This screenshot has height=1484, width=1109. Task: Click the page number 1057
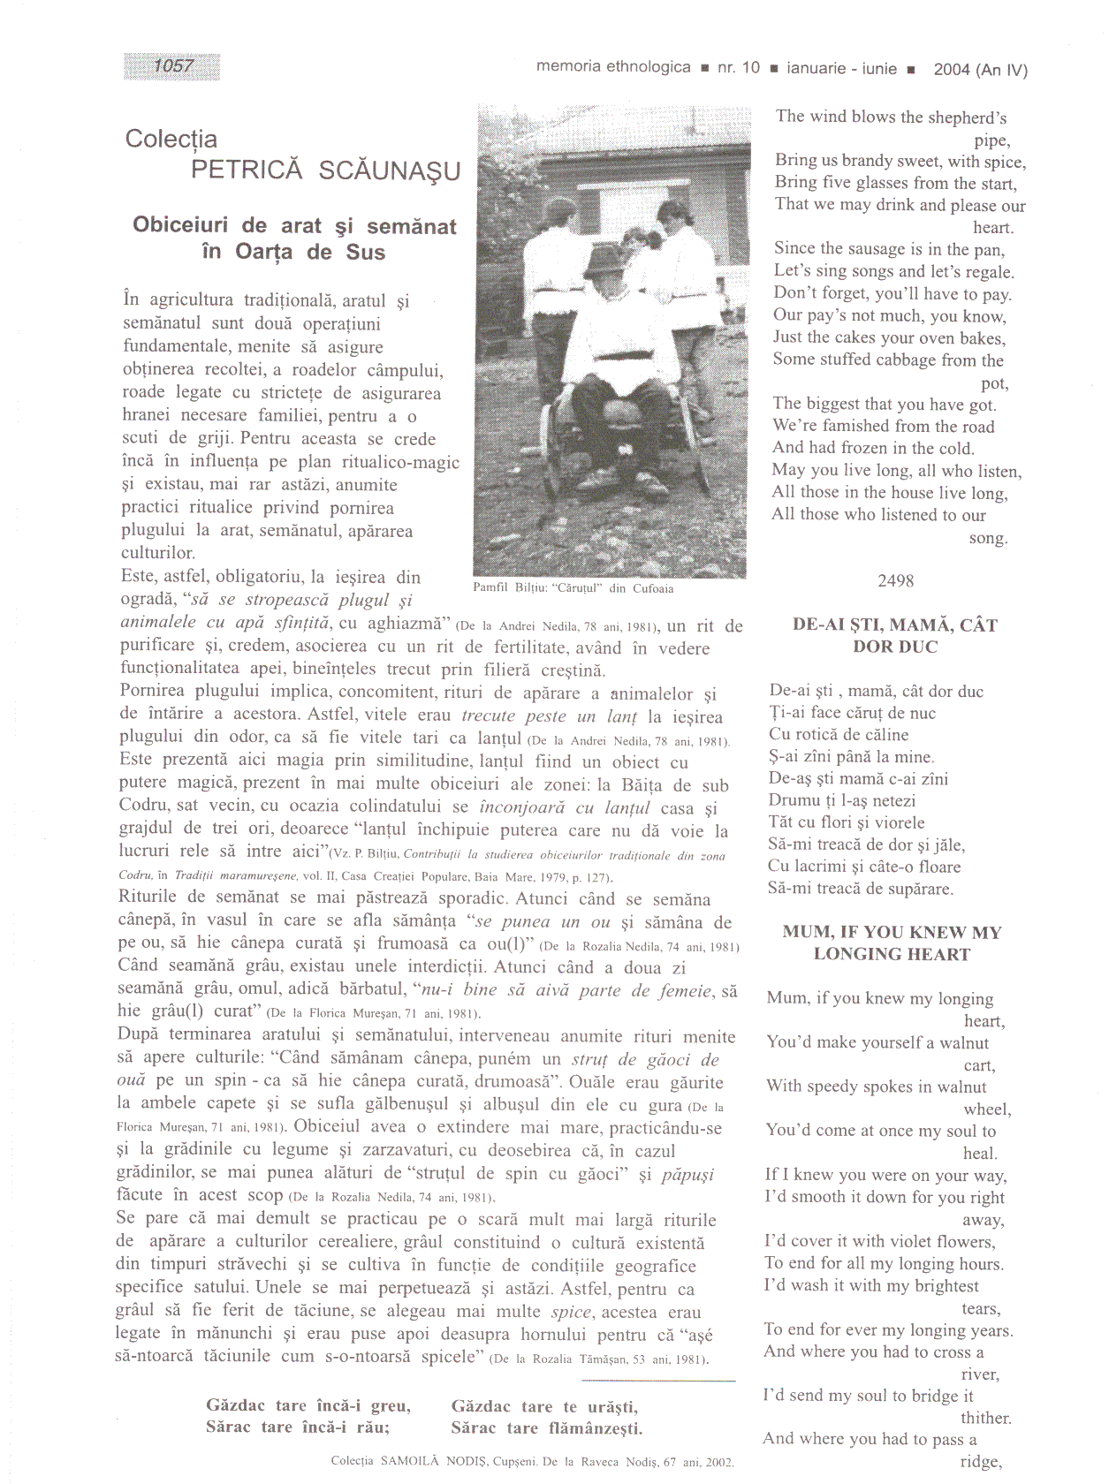(172, 65)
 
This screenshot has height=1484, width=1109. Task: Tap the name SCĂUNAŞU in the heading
(390, 170)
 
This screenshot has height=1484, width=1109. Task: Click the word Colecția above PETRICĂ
(171, 140)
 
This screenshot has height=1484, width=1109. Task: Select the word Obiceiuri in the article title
(180, 225)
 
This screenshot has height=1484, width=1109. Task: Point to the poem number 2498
(895, 580)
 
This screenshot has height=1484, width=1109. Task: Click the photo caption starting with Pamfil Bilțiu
(573, 588)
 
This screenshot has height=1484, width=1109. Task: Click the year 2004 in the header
(952, 70)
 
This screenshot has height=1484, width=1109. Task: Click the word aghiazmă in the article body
(406, 623)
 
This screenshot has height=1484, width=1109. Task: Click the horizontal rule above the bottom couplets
(658, 1380)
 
